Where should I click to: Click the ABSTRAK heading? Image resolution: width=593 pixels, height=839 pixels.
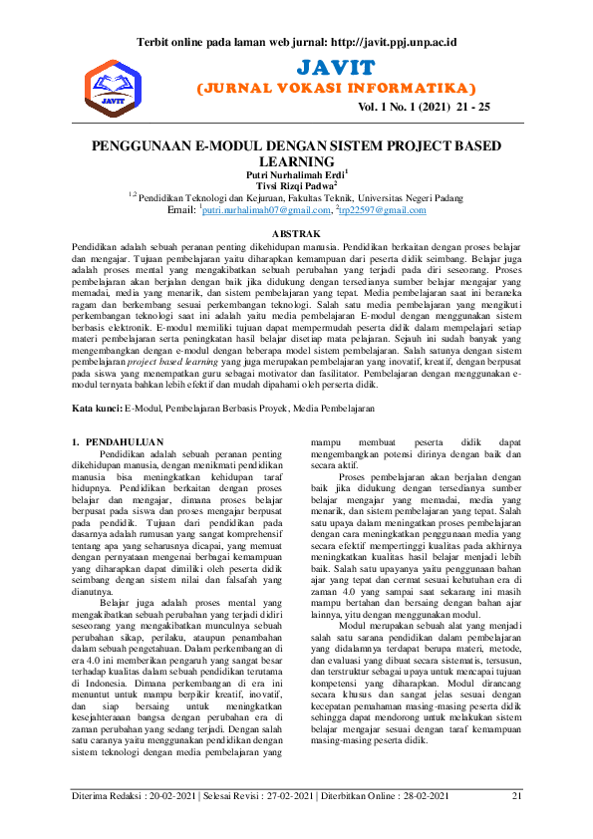coord(296,232)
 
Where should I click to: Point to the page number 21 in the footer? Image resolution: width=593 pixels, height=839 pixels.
coord(516,795)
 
